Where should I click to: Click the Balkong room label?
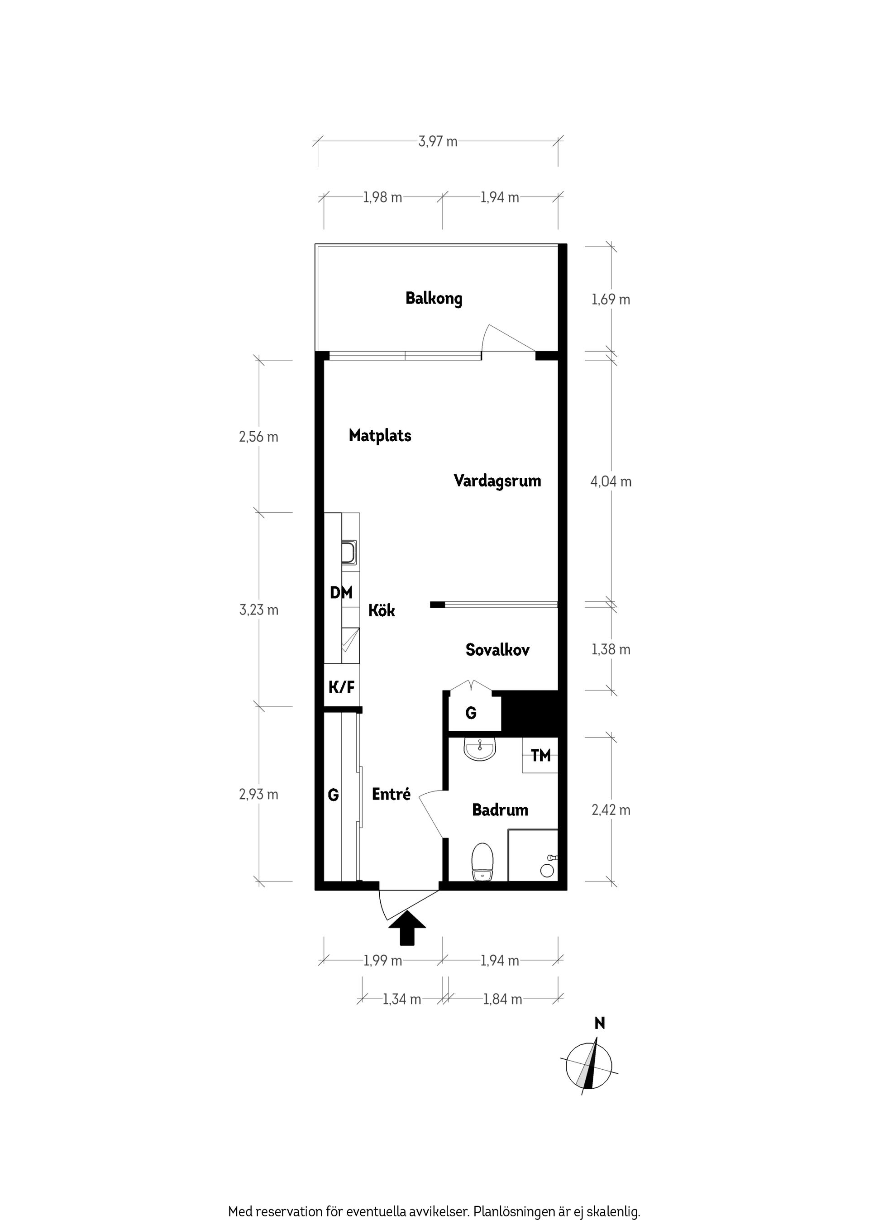(x=433, y=298)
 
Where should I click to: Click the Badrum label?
(x=500, y=810)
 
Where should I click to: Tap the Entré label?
(x=391, y=794)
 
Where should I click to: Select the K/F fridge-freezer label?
(x=341, y=687)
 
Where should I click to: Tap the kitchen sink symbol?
(x=349, y=553)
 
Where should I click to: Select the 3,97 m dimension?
(x=438, y=141)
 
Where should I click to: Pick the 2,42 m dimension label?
(x=611, y=810)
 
